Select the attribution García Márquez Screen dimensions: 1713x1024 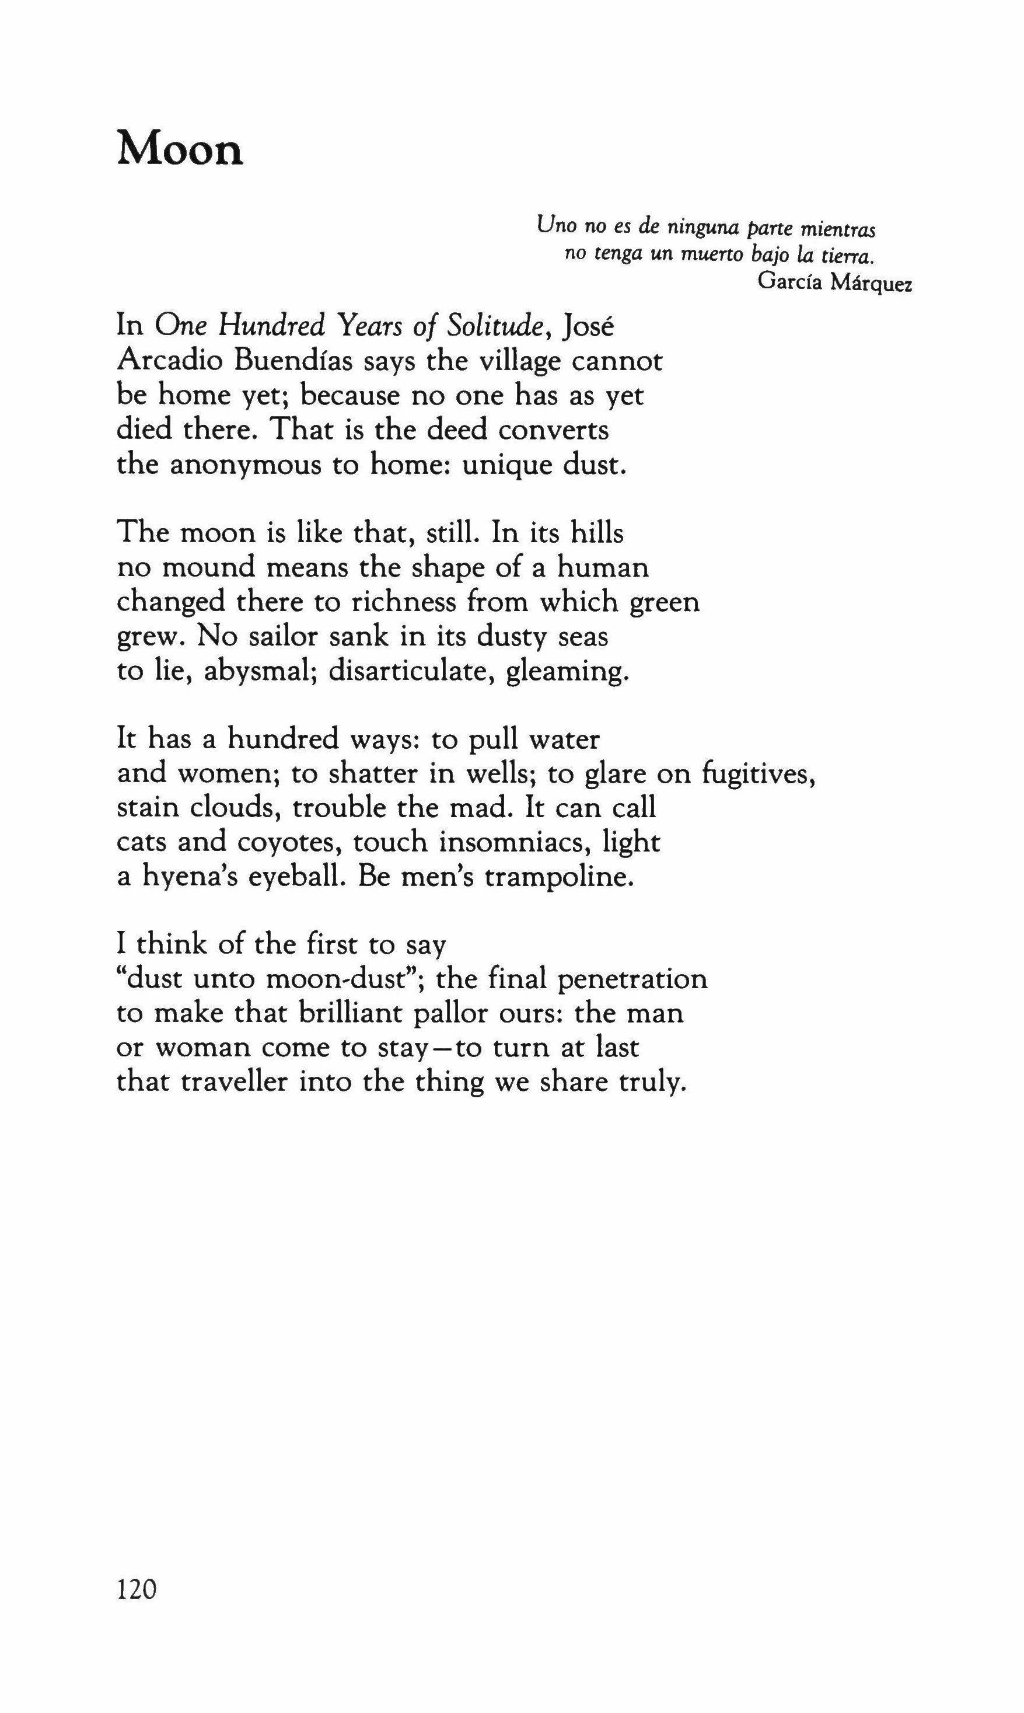click(x=834, y=282)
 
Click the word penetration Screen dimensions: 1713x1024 click(x=632, y=979)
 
